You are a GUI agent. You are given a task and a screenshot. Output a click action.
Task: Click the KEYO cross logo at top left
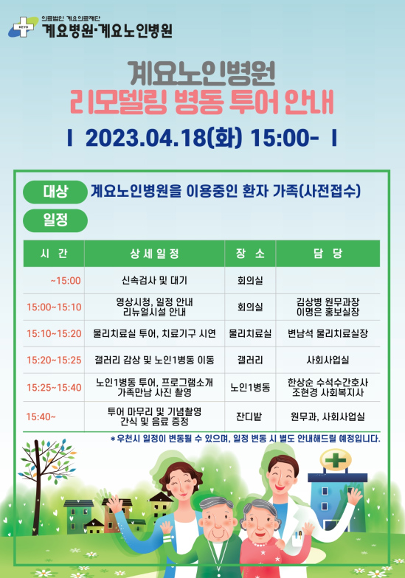click(23, 27)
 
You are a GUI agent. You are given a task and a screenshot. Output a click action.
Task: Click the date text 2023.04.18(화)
click(164, 138)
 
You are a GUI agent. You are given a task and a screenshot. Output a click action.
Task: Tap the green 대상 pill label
click(55, 192)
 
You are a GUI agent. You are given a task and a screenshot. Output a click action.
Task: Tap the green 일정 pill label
click(55, 220)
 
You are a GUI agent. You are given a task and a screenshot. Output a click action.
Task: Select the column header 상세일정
click(155, 254)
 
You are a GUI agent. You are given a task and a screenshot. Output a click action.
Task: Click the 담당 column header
click(328, 254)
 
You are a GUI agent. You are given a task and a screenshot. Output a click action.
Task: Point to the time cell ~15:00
click(66, 281)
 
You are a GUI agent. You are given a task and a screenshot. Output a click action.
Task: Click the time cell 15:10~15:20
click(54, 333)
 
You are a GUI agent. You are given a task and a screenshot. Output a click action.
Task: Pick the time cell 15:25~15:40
click(54, 388)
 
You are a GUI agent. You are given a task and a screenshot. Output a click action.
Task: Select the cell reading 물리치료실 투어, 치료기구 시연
click(154, 333)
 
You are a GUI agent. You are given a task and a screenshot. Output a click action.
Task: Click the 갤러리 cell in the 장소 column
click(250, 360)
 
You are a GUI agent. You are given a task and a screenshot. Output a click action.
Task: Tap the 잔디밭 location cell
click(249, 417)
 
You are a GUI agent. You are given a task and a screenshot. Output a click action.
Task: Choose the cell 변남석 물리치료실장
click(328, 333)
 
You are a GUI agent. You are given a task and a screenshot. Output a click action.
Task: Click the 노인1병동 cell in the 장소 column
click(250, 388)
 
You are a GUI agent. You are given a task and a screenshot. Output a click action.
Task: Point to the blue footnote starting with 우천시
click(245, 439)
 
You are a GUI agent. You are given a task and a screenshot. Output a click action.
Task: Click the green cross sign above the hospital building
click(336, 460)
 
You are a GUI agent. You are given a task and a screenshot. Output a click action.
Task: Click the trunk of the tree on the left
click(37, 490)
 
